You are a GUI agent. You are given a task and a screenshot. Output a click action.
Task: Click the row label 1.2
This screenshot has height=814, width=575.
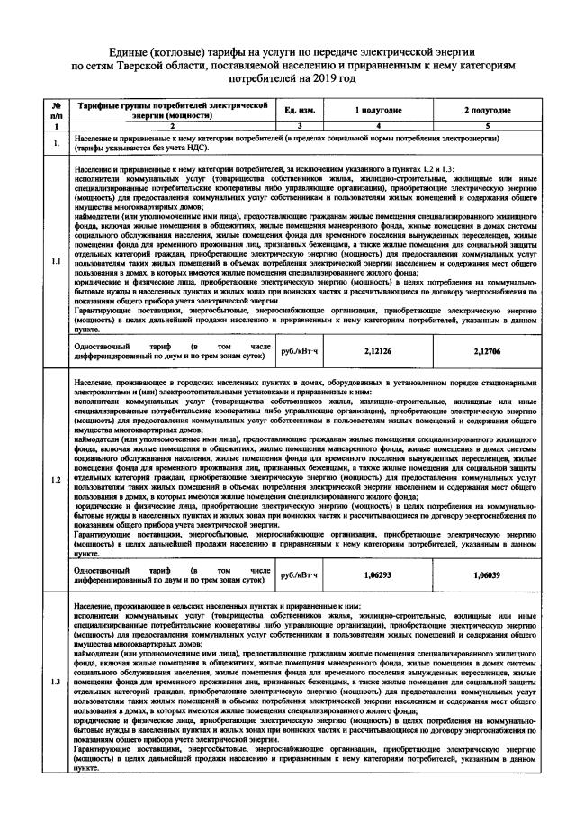click(57, 479)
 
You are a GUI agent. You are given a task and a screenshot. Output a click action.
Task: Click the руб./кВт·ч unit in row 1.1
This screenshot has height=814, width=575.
click(301, 351)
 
